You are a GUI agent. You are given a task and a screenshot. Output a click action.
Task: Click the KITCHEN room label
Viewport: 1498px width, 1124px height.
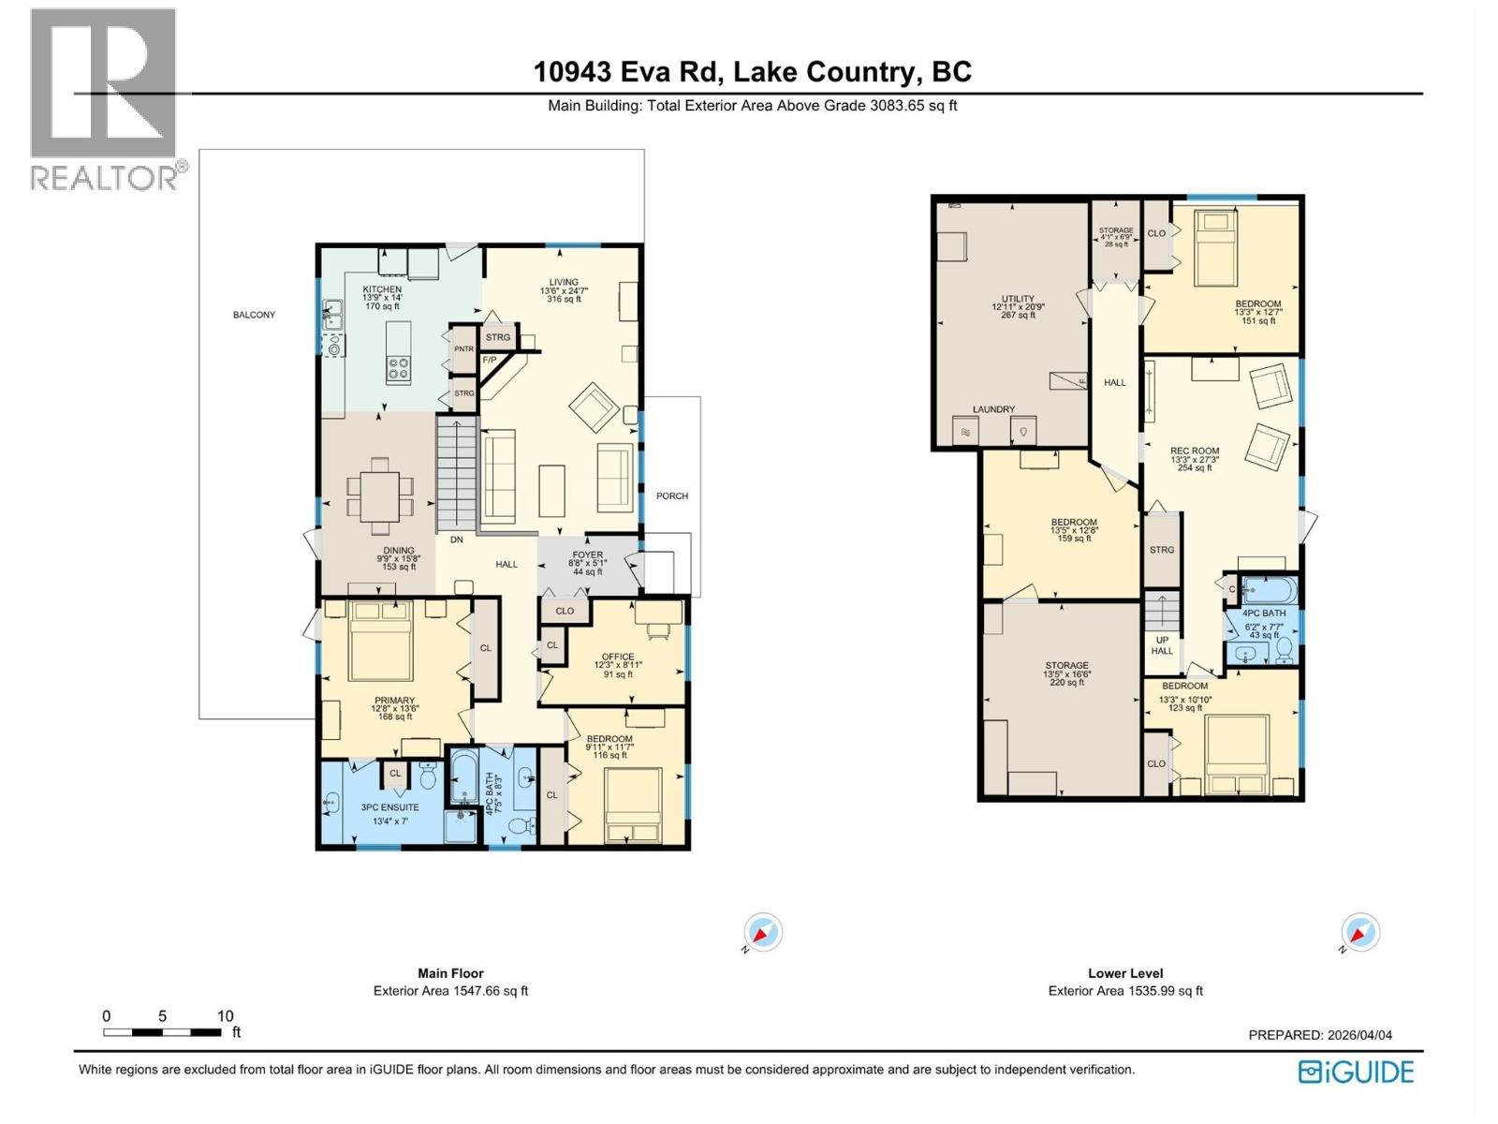point(382,289)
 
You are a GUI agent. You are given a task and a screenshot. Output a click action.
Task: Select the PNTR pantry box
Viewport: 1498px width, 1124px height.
point(463,349)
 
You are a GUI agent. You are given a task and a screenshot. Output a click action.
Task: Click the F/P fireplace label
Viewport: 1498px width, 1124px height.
point(489,360)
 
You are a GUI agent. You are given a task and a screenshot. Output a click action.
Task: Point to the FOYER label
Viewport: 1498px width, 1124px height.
point(587,555)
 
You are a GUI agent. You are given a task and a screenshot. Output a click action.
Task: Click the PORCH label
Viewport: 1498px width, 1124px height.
point(671,495)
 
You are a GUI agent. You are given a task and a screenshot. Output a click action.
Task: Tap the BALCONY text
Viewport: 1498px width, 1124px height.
point(254,315)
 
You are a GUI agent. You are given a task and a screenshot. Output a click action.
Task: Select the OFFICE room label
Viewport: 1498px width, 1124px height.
point(617,657)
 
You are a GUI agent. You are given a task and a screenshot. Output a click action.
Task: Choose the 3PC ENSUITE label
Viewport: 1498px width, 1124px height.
point(389,807)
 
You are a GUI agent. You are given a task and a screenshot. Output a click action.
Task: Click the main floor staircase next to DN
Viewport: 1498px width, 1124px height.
point(457,473)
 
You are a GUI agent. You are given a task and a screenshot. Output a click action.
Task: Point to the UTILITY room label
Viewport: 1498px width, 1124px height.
point(1018,299)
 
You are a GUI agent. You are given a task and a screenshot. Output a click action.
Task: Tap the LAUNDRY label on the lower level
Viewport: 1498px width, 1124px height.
point(993,409)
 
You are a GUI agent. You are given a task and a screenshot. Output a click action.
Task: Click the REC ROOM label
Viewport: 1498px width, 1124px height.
point(1195,451)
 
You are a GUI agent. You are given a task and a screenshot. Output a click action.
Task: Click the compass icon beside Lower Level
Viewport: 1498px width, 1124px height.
point(1359,933)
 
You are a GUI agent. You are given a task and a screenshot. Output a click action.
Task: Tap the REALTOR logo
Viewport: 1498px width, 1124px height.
point(105,98)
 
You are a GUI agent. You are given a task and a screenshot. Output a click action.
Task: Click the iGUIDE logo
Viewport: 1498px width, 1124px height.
point(1356,1072)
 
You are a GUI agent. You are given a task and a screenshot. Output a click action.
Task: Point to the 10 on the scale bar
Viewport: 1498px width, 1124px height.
point(225,1016)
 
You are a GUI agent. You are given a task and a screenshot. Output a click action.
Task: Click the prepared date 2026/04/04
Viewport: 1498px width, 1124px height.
point(1359,1035)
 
